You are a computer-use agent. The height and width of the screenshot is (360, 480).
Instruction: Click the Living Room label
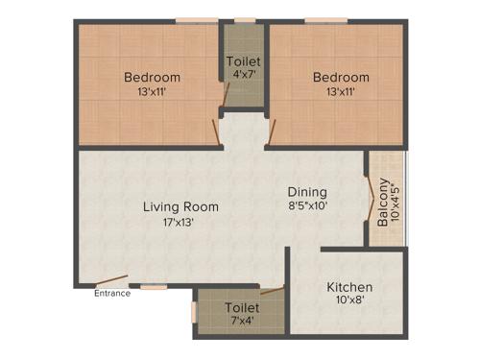tap(180, 206)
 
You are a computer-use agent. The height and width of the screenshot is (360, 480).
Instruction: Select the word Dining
tap(307, 191)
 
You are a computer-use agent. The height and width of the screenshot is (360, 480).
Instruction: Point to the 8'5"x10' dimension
tap(307, 205)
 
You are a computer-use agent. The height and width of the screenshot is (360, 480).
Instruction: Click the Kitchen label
tap(349, 287)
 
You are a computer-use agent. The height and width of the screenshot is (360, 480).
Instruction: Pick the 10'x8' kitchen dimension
tap(349, 300)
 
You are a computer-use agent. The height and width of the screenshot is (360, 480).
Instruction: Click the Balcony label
tap(383, 202)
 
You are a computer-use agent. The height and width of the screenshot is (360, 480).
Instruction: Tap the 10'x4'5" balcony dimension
tap(396, 202)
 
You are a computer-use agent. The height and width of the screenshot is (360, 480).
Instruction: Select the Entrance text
tap(111, 294)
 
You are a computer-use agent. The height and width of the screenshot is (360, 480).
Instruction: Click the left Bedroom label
tap(152, 78)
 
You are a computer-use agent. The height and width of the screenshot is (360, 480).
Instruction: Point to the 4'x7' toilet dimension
tap(243, 75)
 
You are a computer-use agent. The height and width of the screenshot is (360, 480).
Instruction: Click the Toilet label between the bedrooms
tap(243, 61)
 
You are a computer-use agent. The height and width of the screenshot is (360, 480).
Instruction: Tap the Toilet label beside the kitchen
tap(241, 307)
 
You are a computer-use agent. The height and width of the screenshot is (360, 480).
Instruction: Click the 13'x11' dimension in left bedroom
tap(152, 92)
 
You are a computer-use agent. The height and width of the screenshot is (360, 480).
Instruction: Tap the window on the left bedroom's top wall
tap(195, 20)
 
